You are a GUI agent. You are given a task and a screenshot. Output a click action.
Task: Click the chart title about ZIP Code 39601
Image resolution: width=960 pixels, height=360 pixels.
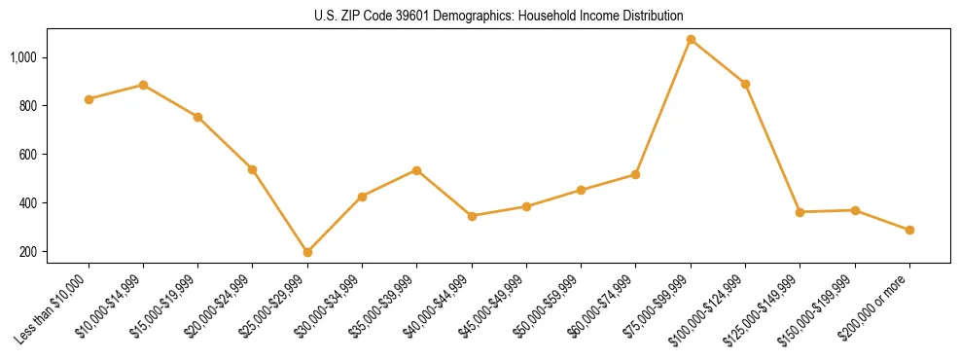point(499,16)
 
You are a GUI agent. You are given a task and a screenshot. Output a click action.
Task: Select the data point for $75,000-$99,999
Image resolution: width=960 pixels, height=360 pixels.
point(691,40)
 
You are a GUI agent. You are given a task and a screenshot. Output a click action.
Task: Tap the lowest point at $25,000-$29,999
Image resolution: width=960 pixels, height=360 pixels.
point(307,252)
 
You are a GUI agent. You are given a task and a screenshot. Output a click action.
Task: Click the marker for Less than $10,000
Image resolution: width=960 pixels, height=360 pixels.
point(89,99)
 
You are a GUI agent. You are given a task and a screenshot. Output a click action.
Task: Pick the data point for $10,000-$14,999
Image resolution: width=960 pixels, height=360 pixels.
point(143,85)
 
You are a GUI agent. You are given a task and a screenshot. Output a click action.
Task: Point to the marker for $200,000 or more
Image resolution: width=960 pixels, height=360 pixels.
point(909,231)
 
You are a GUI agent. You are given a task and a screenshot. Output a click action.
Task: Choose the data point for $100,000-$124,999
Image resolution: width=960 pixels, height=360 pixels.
point(745,84)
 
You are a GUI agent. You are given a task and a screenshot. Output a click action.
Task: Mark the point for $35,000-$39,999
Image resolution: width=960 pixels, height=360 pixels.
point(416,170)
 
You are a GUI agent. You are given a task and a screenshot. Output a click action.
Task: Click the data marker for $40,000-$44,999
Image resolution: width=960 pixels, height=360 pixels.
point(472,216)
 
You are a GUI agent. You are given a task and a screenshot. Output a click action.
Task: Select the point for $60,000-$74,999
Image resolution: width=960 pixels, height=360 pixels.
point(635,174)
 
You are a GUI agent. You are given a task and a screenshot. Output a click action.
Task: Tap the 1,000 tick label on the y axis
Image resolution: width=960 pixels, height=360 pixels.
point(23,57)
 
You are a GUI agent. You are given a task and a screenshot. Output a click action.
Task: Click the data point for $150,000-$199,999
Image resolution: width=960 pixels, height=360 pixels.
point(855,210)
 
